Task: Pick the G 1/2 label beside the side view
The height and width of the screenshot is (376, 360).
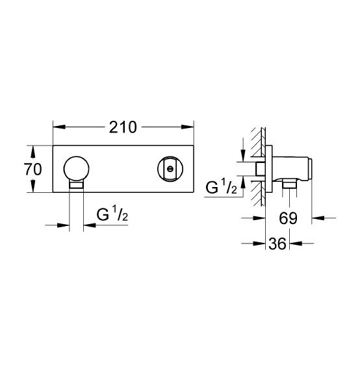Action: point(221,190)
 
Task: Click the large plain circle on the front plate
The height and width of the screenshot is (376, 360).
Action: point(77,169)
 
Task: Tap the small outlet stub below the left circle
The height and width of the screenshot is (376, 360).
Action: point(77,185)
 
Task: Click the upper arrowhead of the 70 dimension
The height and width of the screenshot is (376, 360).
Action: point(32,149)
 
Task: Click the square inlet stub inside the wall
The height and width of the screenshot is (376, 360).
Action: point(259,170)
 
